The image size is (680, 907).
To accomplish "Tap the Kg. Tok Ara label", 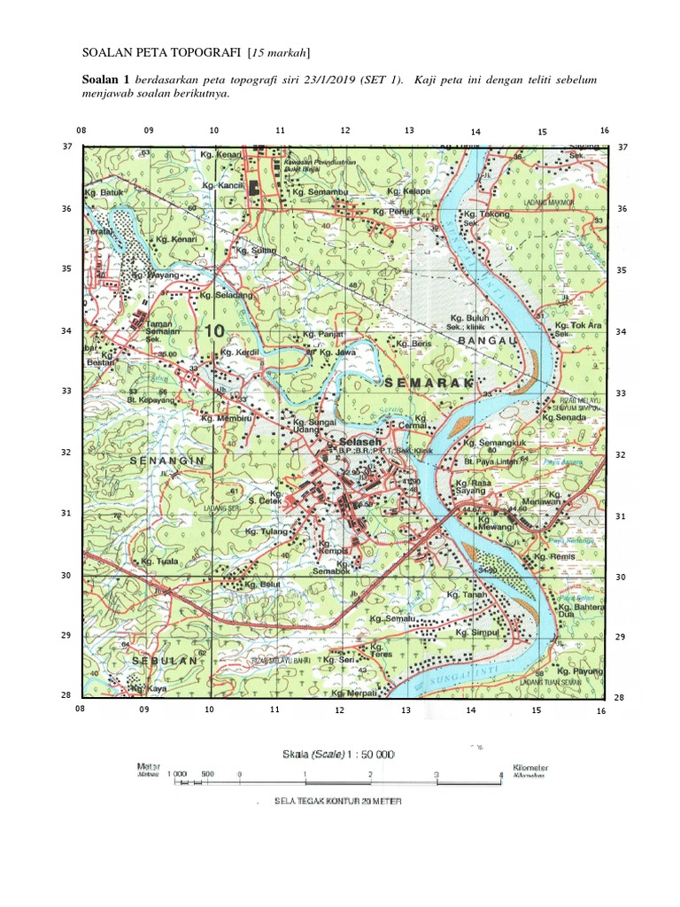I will point(578,326).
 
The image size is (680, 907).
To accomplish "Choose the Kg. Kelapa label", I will point(408,191).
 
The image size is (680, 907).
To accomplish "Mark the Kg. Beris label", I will point(413,343).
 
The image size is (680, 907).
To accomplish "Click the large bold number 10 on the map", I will point(213,330).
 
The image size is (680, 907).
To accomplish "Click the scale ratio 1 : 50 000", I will point(337,754).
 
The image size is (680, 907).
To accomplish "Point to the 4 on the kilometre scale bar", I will point(500,774).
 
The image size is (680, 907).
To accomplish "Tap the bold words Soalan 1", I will point(106,80).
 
